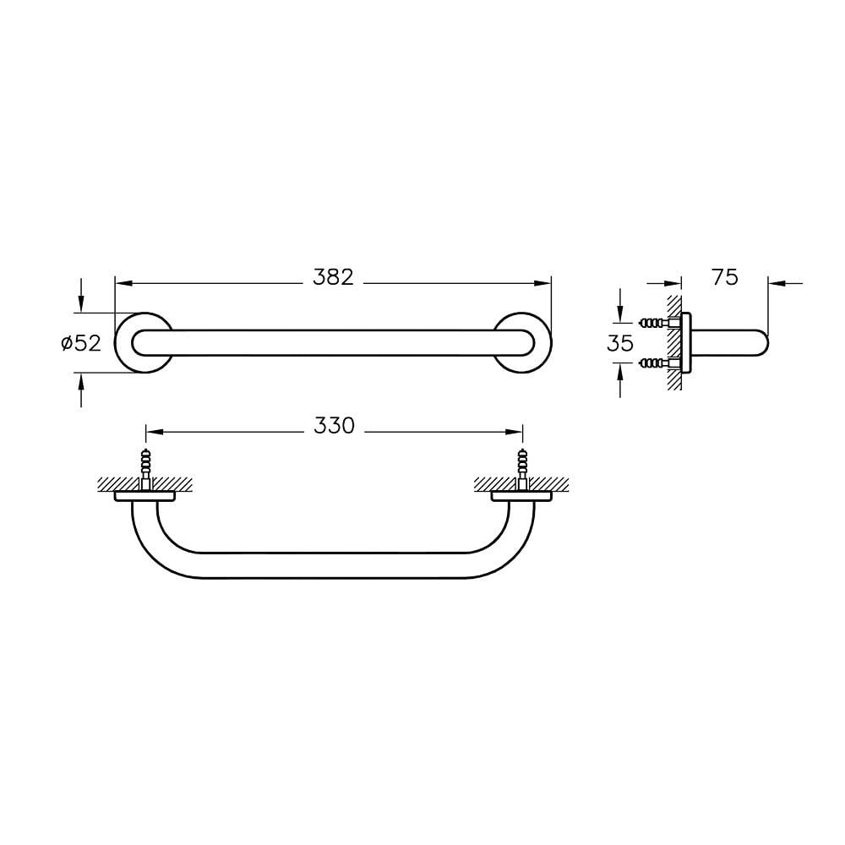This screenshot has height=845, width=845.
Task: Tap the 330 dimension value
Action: [x=334, y=426]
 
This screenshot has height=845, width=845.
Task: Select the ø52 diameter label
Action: [x=81, y=343]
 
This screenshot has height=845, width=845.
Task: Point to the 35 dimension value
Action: [x=619, y=343]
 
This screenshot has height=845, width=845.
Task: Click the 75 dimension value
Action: [x=725, y=277]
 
